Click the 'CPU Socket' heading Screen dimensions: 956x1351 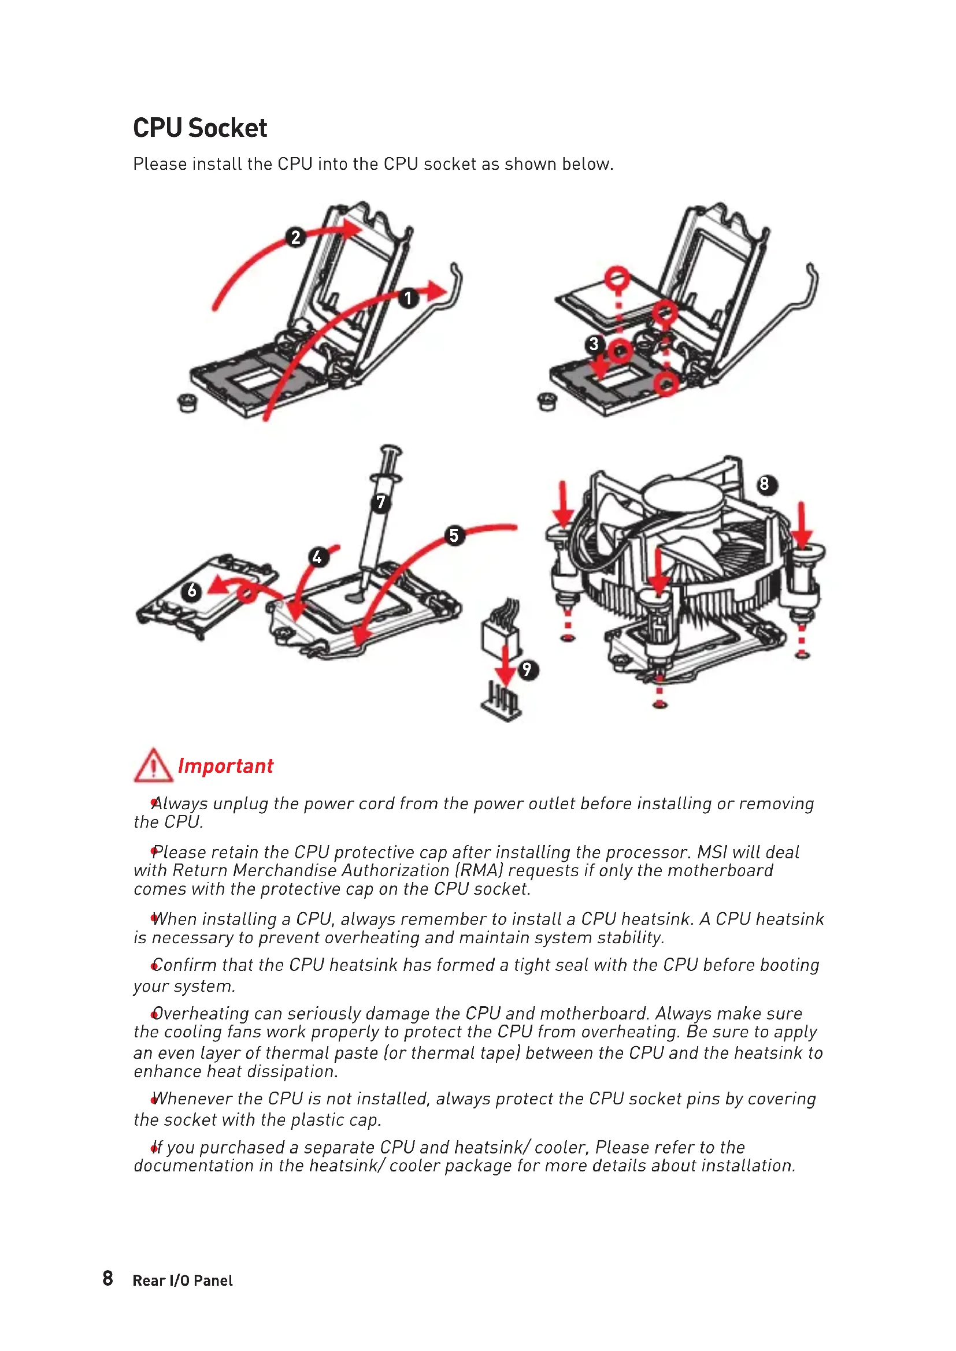click(199, 128)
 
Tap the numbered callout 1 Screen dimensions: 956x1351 click(408, 298)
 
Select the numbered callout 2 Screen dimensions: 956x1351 click(295, 237)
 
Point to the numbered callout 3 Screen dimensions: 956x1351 click(594, 344)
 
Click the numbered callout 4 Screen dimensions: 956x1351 click(317, 557)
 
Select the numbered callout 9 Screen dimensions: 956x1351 click(527, 669)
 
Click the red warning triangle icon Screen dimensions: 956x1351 click(153, 765)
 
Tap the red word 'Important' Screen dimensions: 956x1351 click(225, 766)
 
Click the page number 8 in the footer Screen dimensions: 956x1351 click(108, 1278)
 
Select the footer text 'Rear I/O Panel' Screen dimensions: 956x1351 click(183, 1281)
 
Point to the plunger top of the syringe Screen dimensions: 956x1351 click(391, 449)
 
